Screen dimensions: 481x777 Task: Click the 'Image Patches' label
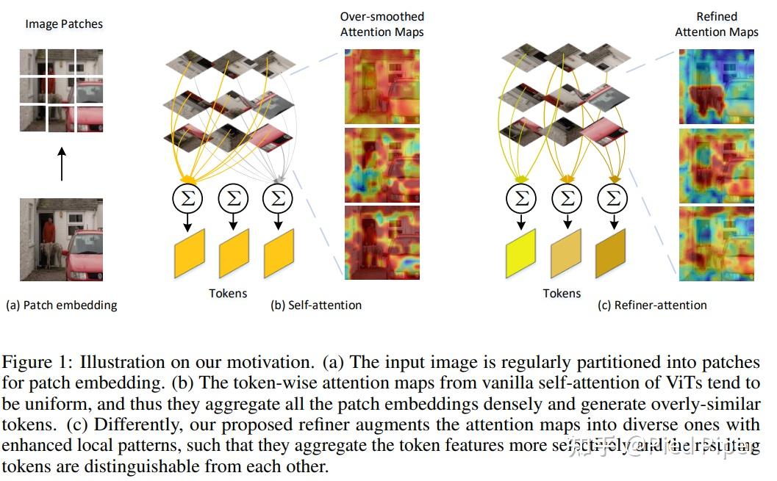[x=64, y=24]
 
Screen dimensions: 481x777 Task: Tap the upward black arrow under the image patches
[x=62, y=162]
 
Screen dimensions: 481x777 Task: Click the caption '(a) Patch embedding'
[x=61, y=305]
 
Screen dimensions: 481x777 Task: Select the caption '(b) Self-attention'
[x=316, y=305]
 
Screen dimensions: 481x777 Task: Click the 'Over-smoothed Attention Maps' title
[x=382, y=24]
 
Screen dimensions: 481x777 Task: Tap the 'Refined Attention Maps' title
[x=716, y=24]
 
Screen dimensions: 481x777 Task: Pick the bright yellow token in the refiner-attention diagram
[x=521, y=253]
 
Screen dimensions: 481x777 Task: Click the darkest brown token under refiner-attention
[x=611, y=253]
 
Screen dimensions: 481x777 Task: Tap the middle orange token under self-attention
[x=234, y=253]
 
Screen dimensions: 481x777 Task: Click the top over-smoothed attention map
[x=382, y=85]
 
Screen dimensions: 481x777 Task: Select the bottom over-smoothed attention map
[x=382, y=242]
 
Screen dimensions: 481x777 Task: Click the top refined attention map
[x=716, y=85]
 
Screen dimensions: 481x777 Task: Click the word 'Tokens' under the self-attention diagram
[x=229, y=293]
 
